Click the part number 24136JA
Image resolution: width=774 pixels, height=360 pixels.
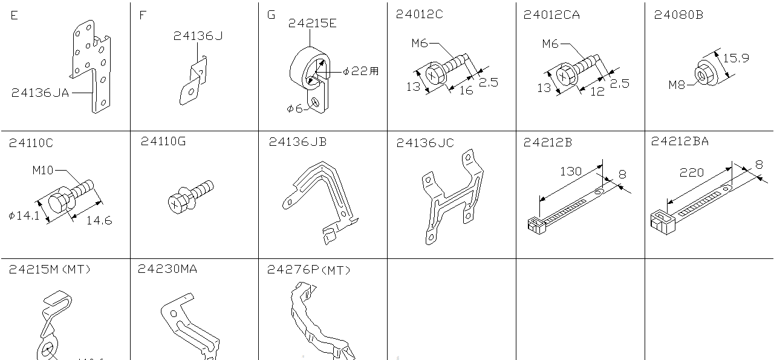tap(40, 93)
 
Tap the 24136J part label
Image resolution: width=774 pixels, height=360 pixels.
tap(198, 36)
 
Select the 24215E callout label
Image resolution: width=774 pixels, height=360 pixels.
tap(312, 24)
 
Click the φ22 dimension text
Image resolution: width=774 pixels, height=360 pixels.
tap(360, 71)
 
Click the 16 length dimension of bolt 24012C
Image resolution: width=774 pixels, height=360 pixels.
tap(466, 91)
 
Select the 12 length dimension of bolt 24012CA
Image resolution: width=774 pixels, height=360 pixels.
tap(597, 92)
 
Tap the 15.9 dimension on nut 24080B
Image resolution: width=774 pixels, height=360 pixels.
tap(736, 58)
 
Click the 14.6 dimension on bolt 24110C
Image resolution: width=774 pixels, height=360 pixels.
tap(99, 221)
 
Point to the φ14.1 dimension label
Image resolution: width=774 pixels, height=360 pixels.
tap(24, 215)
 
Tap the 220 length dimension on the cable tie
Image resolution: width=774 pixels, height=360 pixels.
tap(692, 172)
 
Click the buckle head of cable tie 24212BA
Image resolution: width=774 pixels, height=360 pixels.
tap(662, 222)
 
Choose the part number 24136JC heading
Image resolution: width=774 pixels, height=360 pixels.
tap(424, 143)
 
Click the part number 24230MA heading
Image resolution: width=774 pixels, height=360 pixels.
tap(167, 269)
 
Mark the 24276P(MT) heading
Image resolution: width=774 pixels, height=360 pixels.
tap(308, 270)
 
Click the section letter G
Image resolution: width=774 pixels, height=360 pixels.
tap(271, 15)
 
